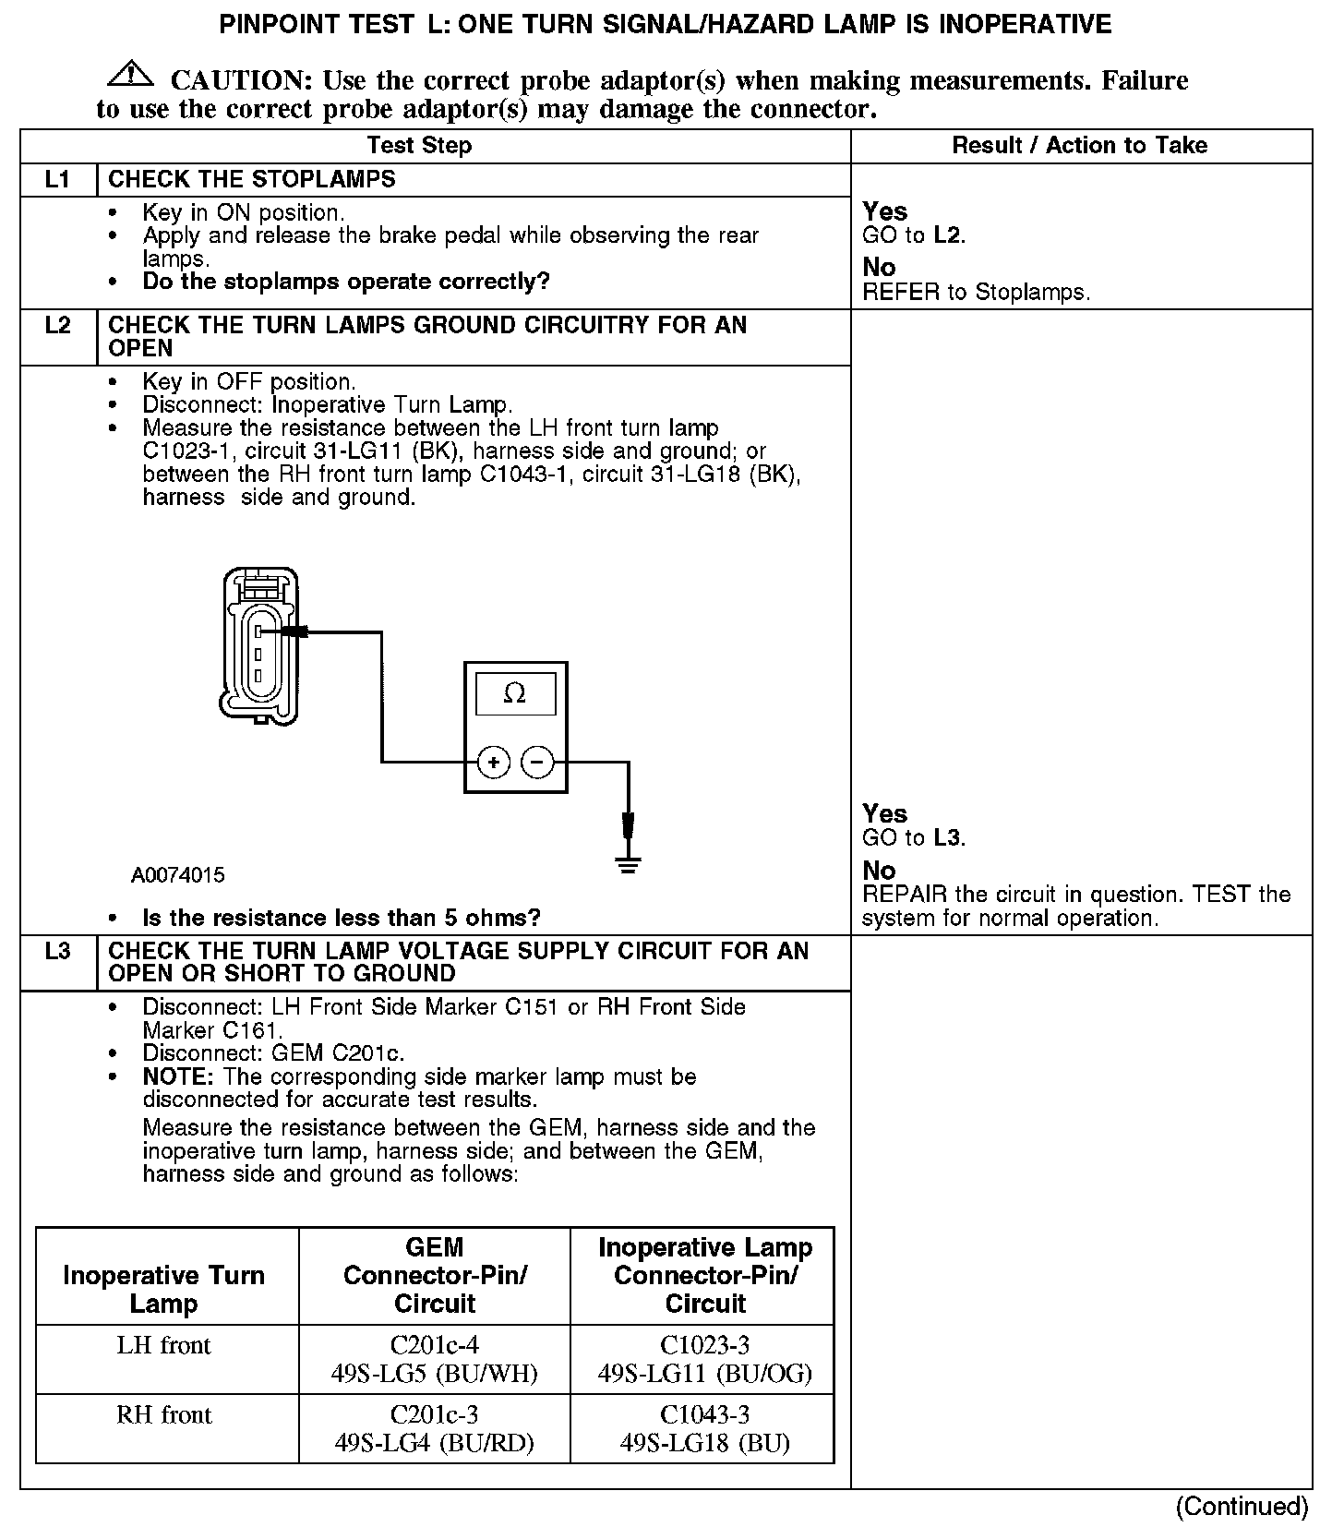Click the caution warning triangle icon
point(132,74)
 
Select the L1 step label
point(57,179)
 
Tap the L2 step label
point(57,325)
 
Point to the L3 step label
point(57,951)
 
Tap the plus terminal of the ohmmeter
point(494,763)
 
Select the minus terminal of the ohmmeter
point(537,763)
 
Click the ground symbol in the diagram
point(629,865)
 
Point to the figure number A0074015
point(177,875)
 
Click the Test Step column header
point(419,145)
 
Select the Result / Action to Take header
point(1079,145)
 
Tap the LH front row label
point(164,1346)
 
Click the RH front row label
point(164,1415)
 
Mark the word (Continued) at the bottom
point(1242,1507)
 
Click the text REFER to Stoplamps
point(976,293)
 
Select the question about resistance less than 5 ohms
point(342,918)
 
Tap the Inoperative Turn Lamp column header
point(164,1289)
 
